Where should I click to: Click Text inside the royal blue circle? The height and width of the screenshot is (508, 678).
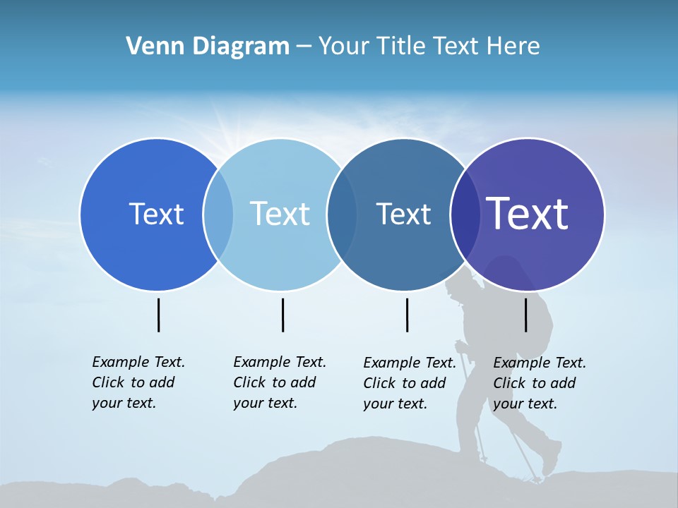click(x=156, y=214)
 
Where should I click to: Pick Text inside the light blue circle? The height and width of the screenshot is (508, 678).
click(x=280, y=214)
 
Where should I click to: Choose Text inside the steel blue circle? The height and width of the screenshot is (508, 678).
click(x=403, y=214)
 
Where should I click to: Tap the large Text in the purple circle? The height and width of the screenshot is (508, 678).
click(x=528, y=214)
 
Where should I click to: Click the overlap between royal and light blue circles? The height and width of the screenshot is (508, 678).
click(x=218, y=214)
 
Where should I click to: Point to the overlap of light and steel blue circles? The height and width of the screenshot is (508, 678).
click(x=342, y=214)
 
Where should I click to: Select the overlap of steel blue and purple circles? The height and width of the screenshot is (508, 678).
click(x=465, y=214)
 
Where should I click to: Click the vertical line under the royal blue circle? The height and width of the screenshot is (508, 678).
click(x=158, y=315)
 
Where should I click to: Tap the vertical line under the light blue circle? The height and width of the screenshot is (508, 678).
click(x=282, y=315)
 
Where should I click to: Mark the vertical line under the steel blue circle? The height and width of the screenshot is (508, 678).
click(x=407, y=315)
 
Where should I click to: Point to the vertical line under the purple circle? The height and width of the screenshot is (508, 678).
click(x=525, y=315)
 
